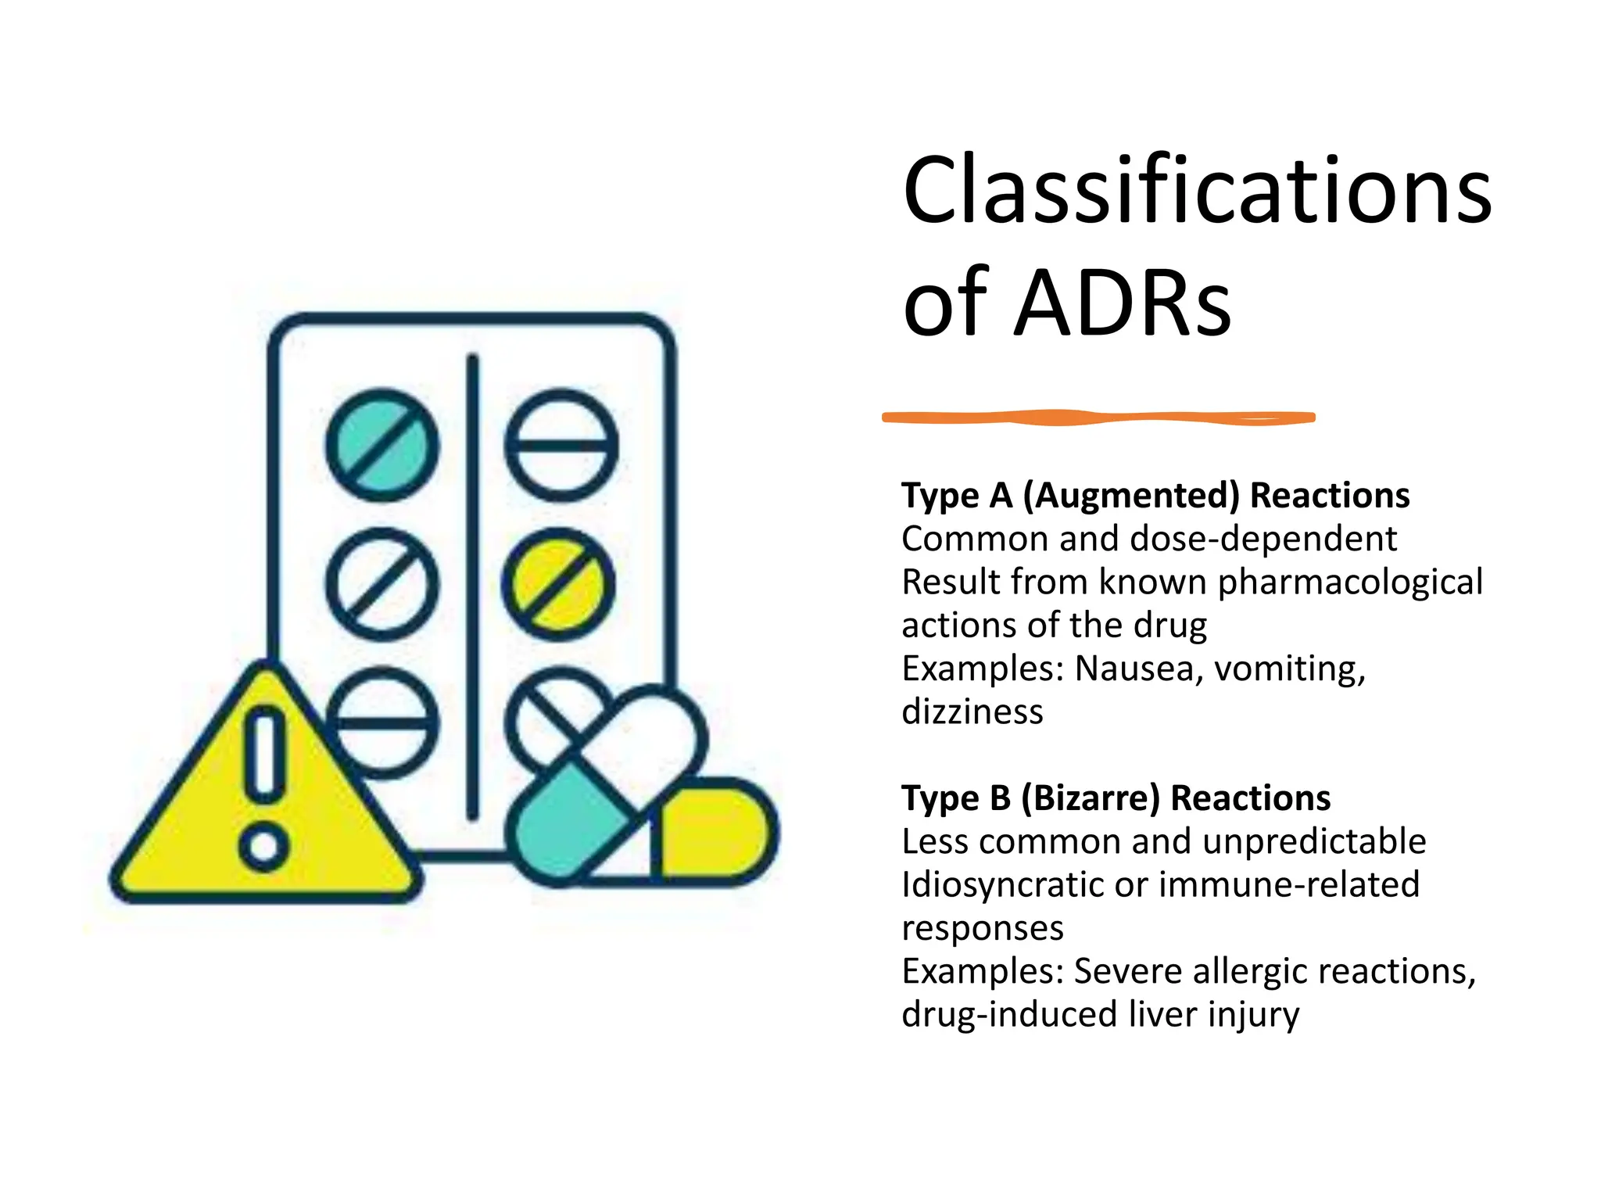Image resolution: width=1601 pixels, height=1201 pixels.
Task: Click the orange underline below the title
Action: [x=1098, y=418]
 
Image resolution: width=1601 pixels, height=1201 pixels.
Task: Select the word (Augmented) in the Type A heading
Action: [x=1130, y=496]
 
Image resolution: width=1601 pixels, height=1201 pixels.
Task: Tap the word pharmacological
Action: [x=1350, y=582]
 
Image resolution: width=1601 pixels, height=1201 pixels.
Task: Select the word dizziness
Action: [x=972, y=712]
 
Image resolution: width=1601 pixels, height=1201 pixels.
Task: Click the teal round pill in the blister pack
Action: [x=382, y=446]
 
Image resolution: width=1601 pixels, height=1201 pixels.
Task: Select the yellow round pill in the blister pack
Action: [x=558, y=585]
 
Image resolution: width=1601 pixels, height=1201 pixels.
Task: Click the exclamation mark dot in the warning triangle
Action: [x=264, y=846]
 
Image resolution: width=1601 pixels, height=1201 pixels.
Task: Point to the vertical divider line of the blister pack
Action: [x=472, y=586]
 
